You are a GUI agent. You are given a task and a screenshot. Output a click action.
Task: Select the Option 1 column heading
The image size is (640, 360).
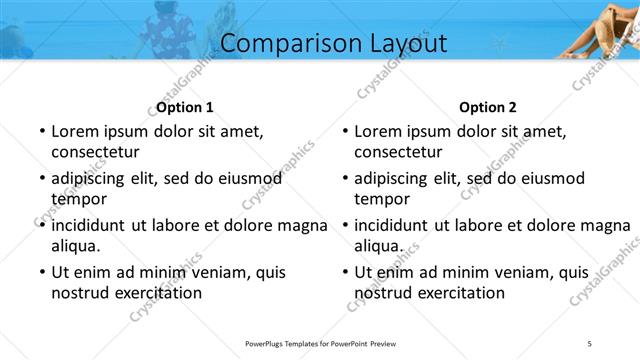point(185,107)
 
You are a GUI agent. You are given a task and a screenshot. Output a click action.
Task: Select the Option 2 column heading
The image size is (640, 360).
point(488,107)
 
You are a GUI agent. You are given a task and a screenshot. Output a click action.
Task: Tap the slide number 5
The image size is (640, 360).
point(590,344)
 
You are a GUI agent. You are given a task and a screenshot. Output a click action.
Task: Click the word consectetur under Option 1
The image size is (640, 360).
point(95,152)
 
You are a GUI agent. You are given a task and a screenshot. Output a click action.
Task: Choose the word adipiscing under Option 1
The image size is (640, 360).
point(97,178)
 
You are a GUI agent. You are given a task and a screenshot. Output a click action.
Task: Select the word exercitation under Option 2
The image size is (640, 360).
point(457,293)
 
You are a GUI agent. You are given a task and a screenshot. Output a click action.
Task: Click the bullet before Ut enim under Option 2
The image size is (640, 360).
point(345,272)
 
